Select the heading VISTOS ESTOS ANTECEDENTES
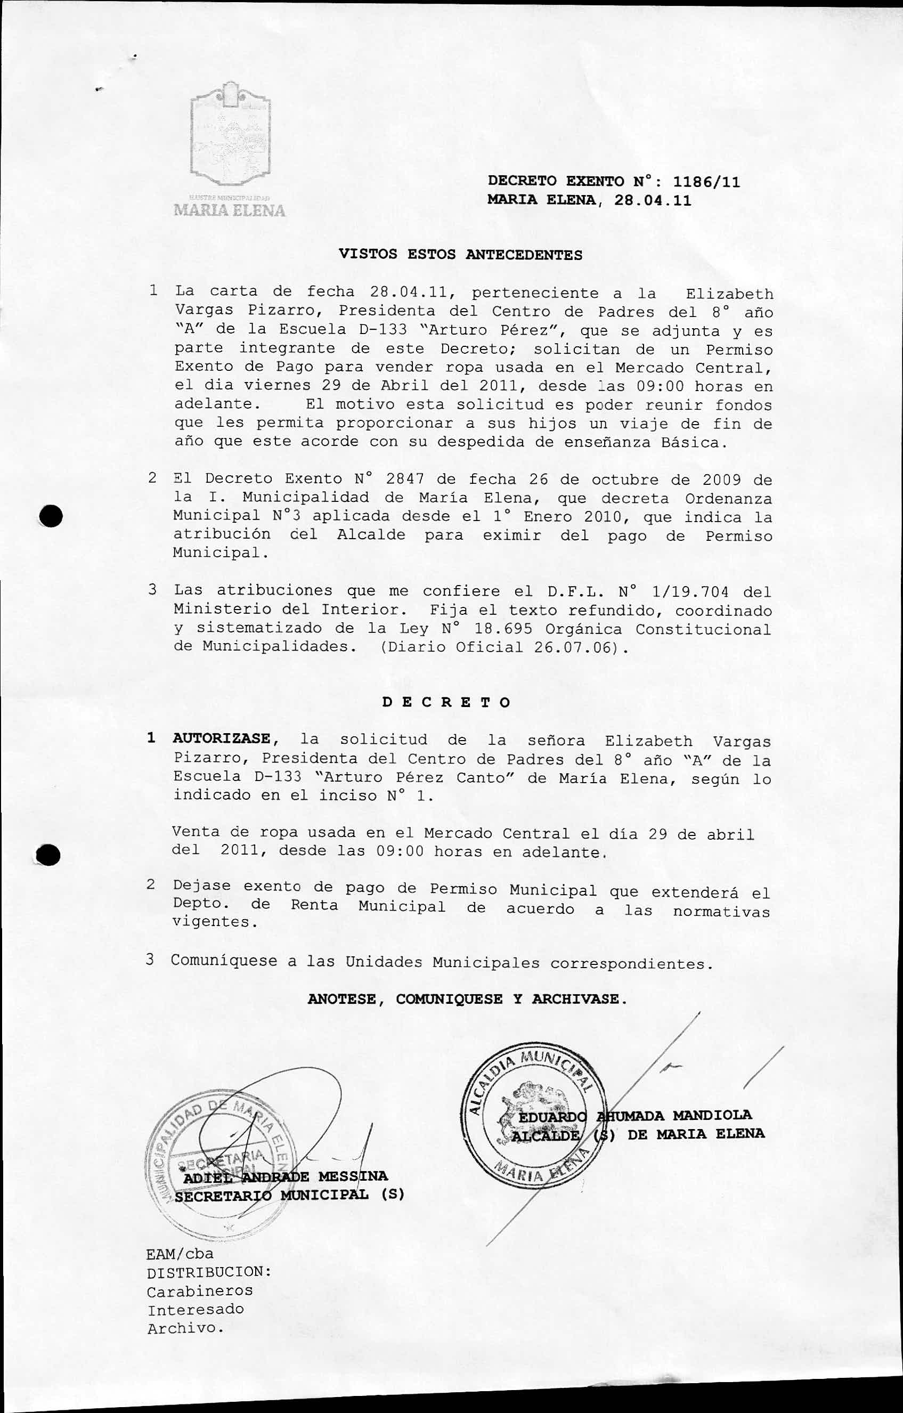click(x=461, y=255)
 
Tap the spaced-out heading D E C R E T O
click(x=446, y=702)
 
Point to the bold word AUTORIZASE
click(x=222, y=740)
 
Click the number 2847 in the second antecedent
click(x=405, y=480)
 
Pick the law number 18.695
click(x=503, y=629)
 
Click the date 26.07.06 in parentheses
click(x=567, y=647)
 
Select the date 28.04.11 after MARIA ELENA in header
click(x=653, y=201)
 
